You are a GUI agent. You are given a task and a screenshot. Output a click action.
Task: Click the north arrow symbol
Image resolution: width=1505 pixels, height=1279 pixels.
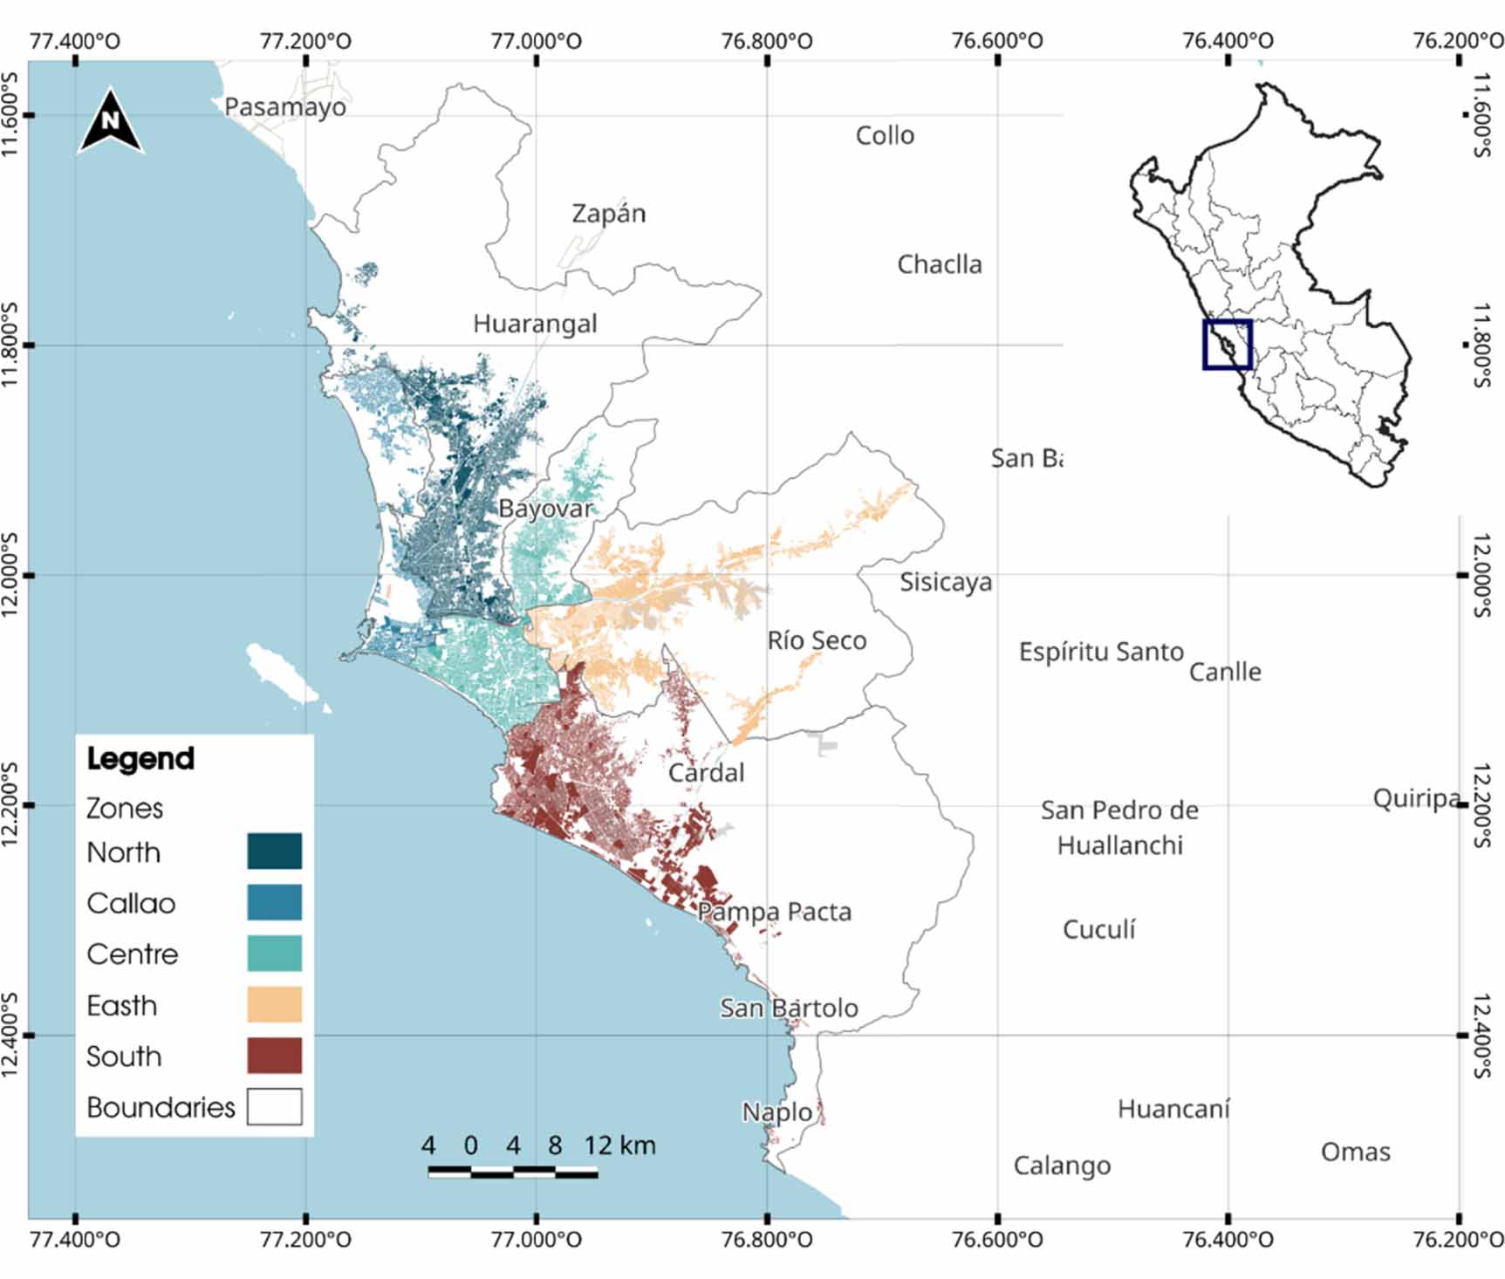coord(111,121)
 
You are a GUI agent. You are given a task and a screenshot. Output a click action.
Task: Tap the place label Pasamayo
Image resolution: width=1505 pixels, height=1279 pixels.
coord(284,107)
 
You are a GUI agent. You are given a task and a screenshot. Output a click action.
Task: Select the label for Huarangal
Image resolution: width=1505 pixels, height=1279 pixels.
coord(535,324)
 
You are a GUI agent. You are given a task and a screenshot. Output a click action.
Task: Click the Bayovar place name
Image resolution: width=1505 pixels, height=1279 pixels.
coord(545,509)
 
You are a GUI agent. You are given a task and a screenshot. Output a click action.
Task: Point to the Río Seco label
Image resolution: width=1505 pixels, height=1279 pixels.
coord(817,640)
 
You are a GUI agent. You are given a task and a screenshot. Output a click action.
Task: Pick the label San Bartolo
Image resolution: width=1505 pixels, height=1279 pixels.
coord(789,1008)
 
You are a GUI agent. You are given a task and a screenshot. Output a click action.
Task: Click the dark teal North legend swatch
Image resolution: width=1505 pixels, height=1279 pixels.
coord(274,852)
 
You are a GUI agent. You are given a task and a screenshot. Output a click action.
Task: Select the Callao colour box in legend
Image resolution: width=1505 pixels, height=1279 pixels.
coord(274,902)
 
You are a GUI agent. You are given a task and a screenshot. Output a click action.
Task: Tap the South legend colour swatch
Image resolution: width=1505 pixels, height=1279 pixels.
coord(274,1056)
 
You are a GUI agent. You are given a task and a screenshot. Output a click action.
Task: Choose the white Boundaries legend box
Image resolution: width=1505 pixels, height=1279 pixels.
coord(274,1106)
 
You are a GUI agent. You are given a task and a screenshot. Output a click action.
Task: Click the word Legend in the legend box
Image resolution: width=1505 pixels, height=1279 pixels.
coord(140,758)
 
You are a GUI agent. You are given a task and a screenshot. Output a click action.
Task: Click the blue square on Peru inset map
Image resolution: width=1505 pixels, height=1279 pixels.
coord(1228,345)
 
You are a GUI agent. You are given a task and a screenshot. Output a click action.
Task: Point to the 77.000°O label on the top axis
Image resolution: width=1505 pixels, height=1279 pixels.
coord(537,40)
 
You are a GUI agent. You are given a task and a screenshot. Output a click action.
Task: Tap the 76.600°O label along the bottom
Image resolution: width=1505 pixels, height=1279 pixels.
coord(997,1240)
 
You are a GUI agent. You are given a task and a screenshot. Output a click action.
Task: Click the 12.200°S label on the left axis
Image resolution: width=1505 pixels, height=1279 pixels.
coord(10,804)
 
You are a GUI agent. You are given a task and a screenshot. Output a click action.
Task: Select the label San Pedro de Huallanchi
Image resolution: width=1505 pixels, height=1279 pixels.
coord(1119,827)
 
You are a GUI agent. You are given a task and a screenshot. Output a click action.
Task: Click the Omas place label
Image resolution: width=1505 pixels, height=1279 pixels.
coord(1355,1152)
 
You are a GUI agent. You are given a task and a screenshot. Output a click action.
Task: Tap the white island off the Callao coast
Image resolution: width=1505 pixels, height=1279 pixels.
coord(282,674)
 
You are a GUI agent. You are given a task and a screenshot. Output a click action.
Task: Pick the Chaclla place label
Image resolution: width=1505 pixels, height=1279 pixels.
coord(940,264)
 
